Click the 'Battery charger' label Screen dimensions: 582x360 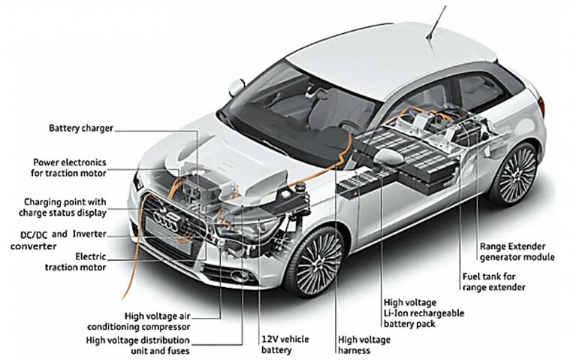(x=81, y=129)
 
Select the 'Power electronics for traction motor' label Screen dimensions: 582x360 (x=68, y=168)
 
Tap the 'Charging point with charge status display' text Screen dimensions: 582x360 (x=63, y=207)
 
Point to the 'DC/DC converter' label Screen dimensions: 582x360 (x=33, y=240)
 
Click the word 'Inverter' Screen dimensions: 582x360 (x=89, y=234)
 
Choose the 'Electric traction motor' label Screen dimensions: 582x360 (x=76, y=262)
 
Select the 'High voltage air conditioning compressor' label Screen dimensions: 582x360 (x=139, y=322)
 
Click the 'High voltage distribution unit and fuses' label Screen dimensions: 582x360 (x=137, y=345)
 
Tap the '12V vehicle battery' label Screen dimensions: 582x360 (x=285, y=344)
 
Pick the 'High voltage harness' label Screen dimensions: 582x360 (x=364, y=345)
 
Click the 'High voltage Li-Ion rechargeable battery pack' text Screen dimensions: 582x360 (x=424, y=313)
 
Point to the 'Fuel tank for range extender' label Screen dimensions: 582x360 (x=494, y=282)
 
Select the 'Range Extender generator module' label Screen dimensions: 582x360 (x=517, y=252)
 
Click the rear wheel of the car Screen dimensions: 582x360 (x=515, y=174)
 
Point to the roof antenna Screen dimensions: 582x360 (x=436, y=22)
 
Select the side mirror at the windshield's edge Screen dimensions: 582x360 (x=237, y=88)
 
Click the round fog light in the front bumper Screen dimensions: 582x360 (x=239, y=276)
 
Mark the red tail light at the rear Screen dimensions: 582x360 (x=542, y=106)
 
